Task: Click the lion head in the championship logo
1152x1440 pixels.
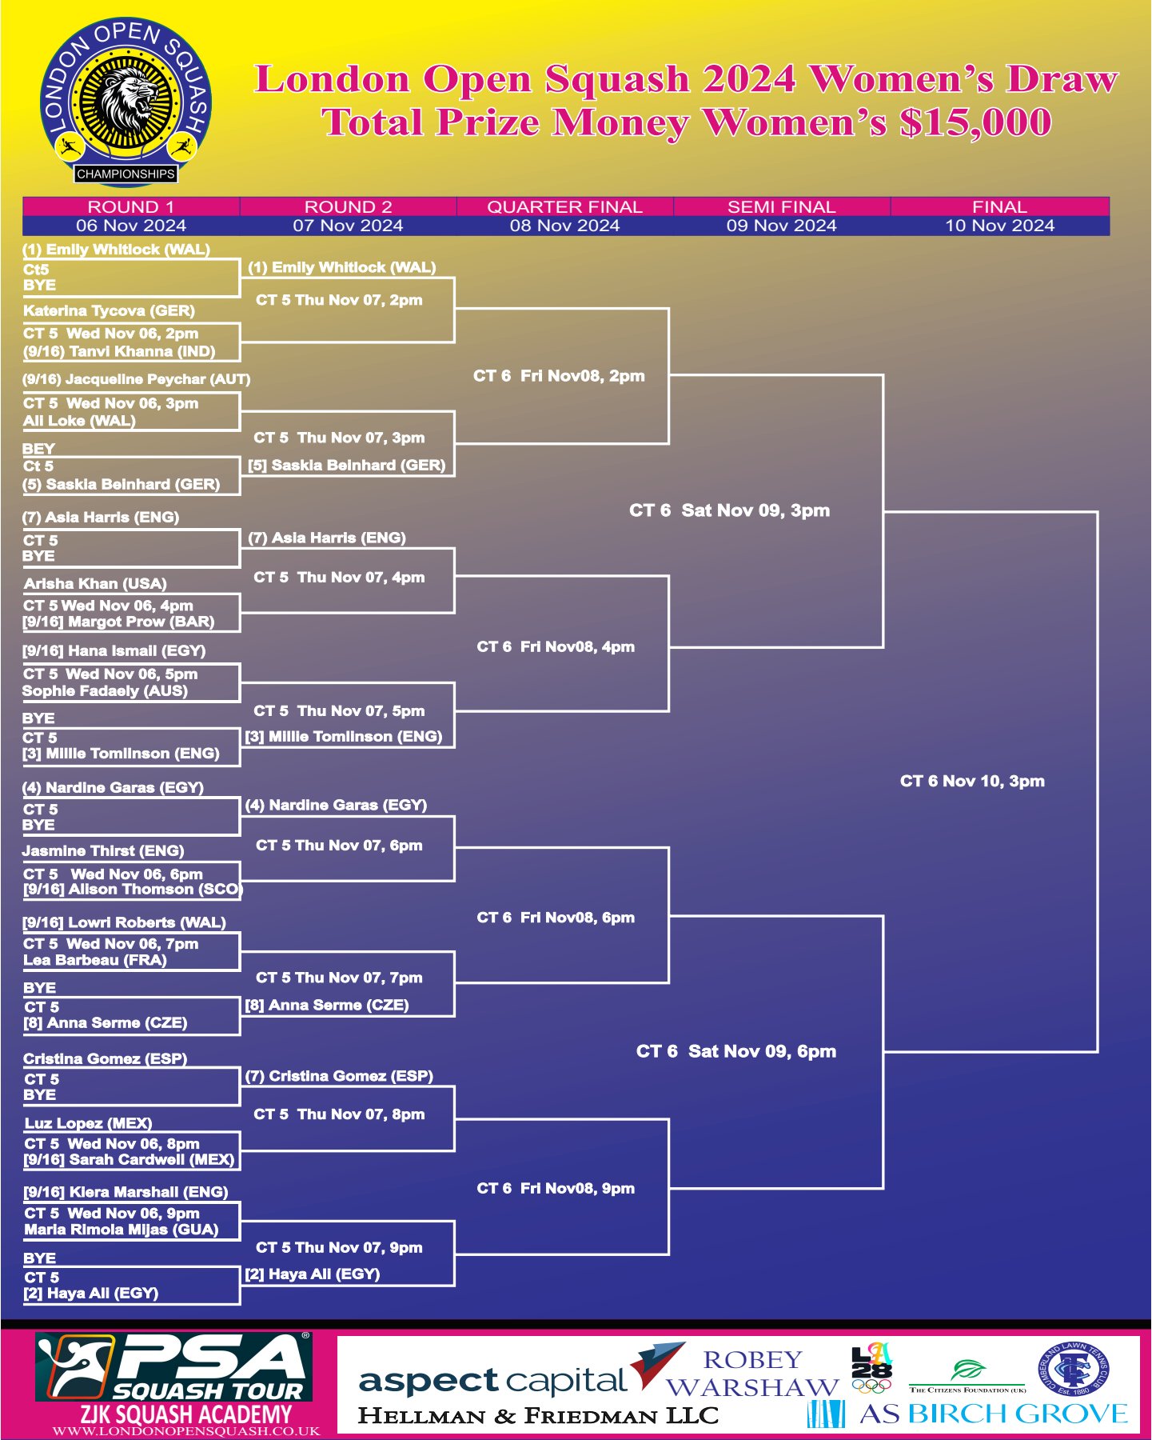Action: click(126, 100)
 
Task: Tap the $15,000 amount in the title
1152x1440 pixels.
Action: click(975, 122)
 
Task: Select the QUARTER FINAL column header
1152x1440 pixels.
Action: click(564, 206)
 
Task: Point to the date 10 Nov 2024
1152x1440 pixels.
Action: click(999, 226)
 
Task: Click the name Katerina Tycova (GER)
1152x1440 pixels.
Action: click(109, 310)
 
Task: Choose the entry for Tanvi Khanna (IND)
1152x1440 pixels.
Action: click(119, 351)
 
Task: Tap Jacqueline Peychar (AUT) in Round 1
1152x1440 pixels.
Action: click(137, 379)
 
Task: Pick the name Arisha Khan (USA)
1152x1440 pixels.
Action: click(95, 583)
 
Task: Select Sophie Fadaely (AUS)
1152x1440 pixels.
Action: click(105, 690)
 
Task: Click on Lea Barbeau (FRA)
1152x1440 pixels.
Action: click(95, 960)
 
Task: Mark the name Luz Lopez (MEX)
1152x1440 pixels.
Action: click(88, 1123)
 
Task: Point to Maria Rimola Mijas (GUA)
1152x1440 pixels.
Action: click(122, 1230)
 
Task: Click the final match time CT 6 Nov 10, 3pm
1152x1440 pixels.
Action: click(972, 781)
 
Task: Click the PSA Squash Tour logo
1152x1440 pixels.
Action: click(173, 1367)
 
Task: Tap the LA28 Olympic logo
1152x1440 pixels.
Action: click(871, 1367)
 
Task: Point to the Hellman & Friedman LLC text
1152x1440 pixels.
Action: click(538, 1415)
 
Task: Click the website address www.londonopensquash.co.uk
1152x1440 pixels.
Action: click(186, 1431)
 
